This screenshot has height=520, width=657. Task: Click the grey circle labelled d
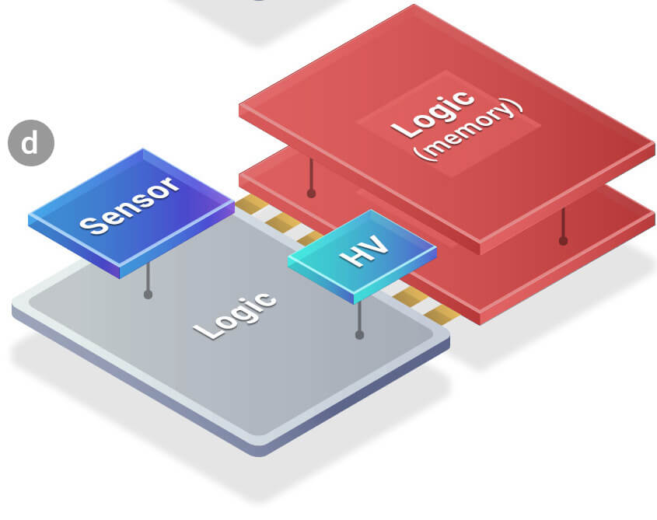click(30, 143)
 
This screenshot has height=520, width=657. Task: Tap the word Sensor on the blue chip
click(129, 205)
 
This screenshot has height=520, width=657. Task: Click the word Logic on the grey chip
click(235, 314)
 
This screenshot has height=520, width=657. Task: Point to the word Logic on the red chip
click(432, 114)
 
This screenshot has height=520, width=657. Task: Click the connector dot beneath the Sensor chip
click(148, 295)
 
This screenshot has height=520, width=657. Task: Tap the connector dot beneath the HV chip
click(359, 335)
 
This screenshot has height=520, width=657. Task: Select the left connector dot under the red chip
click(311, 193)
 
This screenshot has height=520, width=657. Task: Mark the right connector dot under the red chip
click(563, 240)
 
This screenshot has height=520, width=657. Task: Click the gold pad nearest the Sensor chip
click(250, 205)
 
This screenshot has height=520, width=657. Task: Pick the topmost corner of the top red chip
click(414, 6)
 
